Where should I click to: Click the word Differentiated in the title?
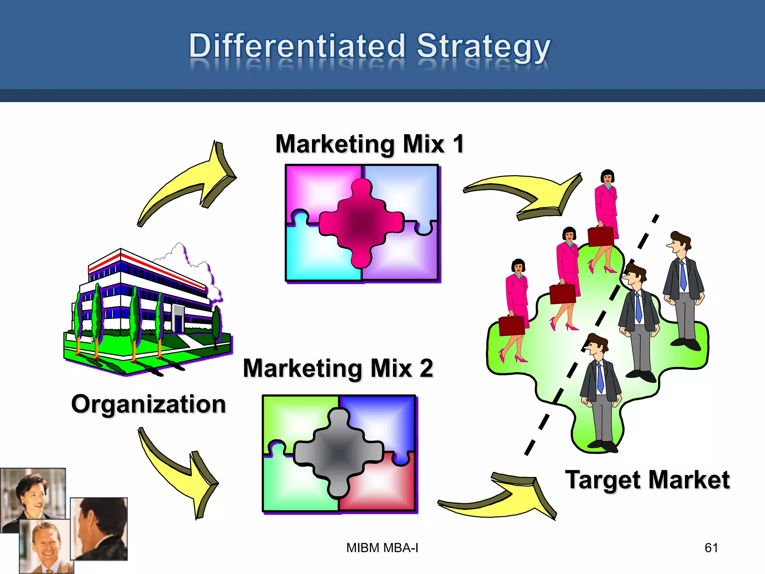(x=297, y=46)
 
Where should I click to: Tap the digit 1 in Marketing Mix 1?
(x=458, y=144)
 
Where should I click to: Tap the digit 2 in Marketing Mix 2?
(x=426, y=368)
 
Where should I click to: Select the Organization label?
(x=148, y=404)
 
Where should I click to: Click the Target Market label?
(x=647, y=480)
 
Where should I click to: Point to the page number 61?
(x=711, y=548)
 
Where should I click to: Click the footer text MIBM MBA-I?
(x=382, y=548)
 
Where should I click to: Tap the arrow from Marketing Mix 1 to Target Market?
(x=530, y=194)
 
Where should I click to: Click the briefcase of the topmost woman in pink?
(x=600, y=236)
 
